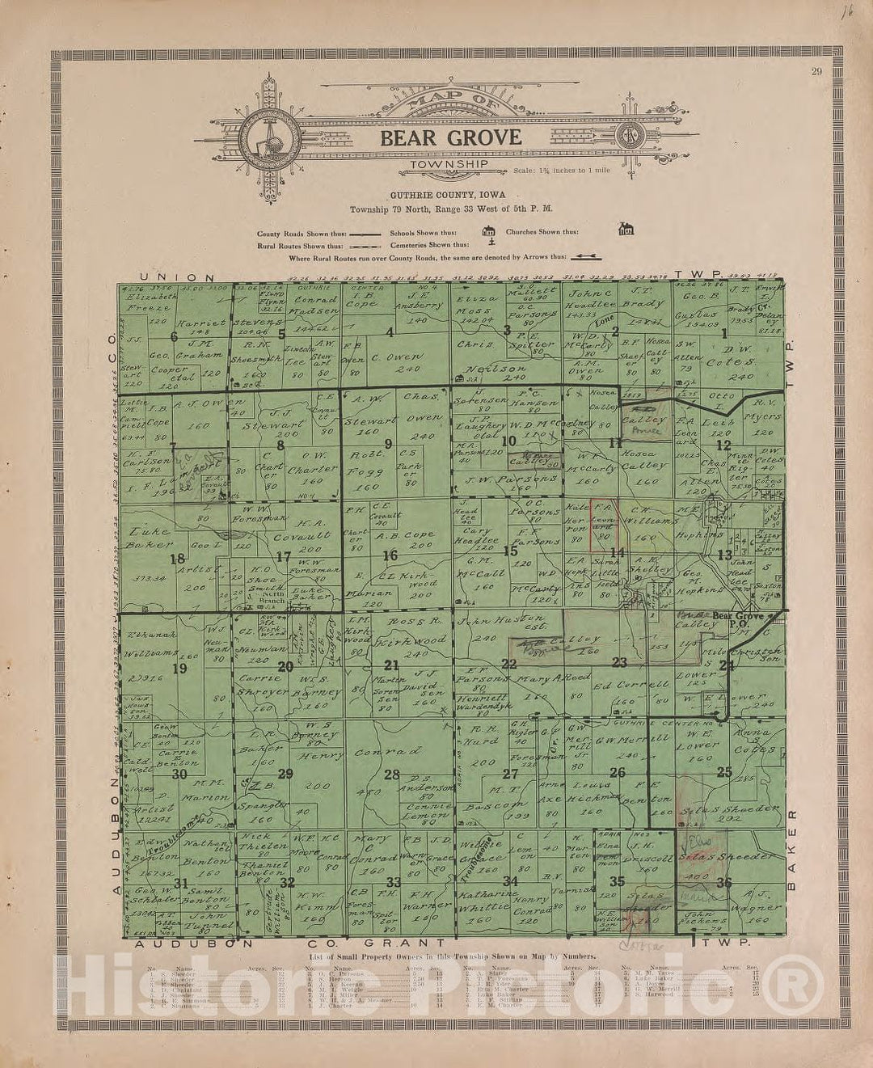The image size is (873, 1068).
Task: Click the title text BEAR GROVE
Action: [x=451, y=137]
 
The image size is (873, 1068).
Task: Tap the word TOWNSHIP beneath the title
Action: [x=448, y=164]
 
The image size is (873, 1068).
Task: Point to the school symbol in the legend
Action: [x=487, y=232]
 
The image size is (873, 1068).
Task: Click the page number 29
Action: [x=817, y=72]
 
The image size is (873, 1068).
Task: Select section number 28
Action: [x=391, y=775]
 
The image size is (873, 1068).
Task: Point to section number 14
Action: [x=618, y=553]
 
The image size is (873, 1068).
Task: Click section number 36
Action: [x=723, y=882]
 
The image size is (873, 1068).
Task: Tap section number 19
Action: [x=179, y=668]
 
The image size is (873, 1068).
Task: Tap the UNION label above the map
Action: [x=177, y=276]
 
